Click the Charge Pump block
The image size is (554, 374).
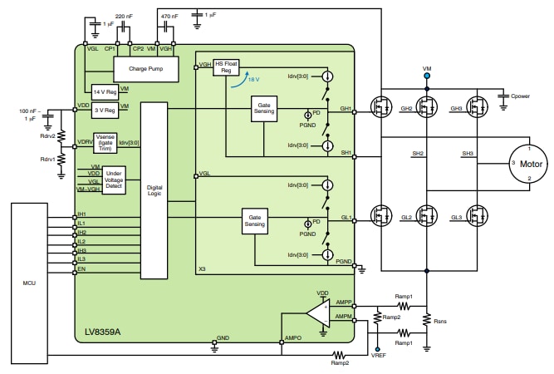[145, 69]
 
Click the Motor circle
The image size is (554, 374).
[530, 165]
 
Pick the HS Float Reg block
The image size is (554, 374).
[226, 68]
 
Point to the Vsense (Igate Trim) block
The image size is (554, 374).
[105, 144]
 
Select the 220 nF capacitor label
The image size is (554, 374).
[125, 17]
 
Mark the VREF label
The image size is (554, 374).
[379, 354]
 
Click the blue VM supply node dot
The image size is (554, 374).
[427, 76]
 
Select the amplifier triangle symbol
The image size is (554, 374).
[318, 313]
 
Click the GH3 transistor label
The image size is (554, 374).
[456, 110]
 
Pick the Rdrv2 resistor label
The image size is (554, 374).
[48, 137]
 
